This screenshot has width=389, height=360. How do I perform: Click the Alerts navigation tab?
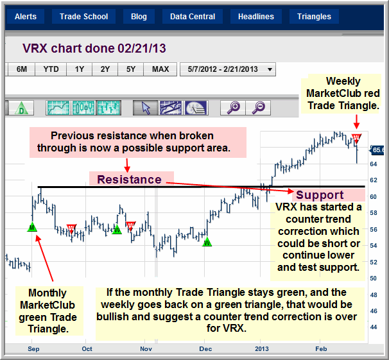(x=26, y=17)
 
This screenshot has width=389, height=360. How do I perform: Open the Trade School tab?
(x=83, y=17)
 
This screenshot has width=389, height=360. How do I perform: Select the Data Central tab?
(x=193, y=17)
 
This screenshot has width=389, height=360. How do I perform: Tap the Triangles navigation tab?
(x=314, y=17)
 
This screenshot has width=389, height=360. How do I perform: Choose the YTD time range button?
(x=51, y=69)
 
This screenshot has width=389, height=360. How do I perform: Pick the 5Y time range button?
(x=131, y=69)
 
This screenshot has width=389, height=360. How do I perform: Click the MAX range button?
(x=160, y=69)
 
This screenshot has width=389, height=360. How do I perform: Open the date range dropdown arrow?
(x=270, y=70)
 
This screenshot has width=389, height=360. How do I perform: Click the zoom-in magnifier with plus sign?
(x=233, y=108)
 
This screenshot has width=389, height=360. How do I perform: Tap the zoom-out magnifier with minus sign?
(x=258, y=108)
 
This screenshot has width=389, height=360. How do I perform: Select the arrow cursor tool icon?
(x=146, y=108)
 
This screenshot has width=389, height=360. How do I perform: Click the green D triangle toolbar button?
(x=21, y=108)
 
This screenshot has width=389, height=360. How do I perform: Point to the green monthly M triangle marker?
(x=32, y=227)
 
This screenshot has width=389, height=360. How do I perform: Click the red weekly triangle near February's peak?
(x=356, y=139)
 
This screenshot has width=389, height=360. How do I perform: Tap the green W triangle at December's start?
(x=207, y=242)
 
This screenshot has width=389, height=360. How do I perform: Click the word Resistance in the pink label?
(x=129, y=180)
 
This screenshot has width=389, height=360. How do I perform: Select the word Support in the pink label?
(x=320, y=195)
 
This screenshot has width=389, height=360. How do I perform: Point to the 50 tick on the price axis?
(x=374, y=279)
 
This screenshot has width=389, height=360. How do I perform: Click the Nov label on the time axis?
(x=146, y=349)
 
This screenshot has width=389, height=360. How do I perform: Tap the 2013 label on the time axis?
(x=262, y=349)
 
